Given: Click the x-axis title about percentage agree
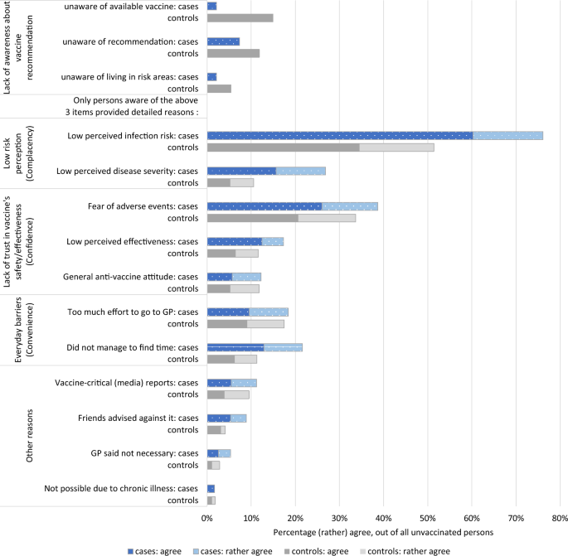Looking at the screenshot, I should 382,530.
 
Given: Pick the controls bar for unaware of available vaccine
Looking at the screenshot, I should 240,17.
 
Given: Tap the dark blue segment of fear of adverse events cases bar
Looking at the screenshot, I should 264,205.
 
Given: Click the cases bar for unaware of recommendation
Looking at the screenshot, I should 223,41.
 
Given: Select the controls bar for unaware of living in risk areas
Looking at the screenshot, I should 219,89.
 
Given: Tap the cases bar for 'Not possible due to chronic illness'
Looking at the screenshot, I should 211,489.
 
